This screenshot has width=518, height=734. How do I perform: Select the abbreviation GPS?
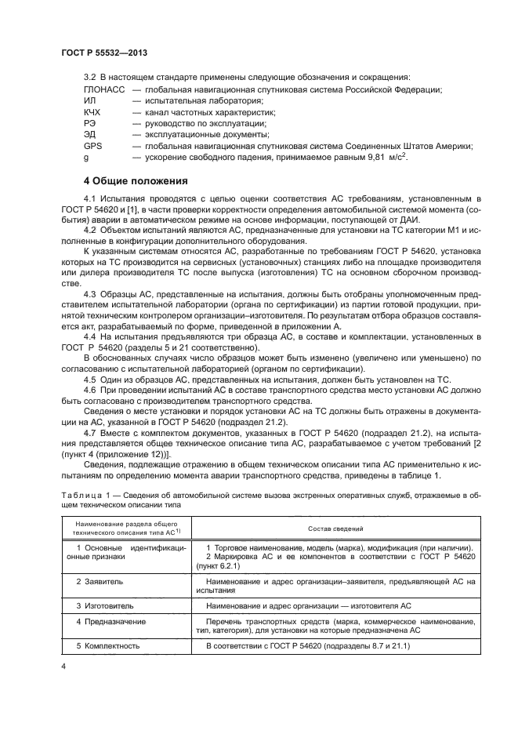[x=92, y=146]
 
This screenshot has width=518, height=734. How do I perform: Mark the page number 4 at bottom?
[x=63, y=667]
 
